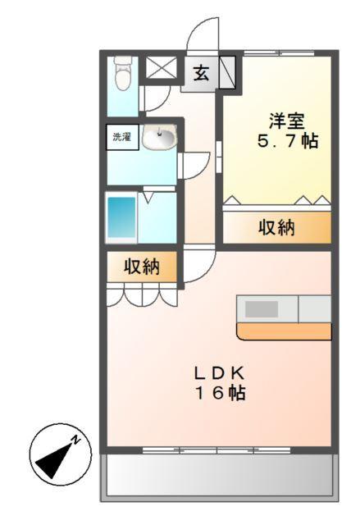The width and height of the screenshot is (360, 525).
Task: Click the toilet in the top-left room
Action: click(x=123, y=74)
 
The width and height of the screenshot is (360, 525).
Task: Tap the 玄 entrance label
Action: click(x=200, y=71)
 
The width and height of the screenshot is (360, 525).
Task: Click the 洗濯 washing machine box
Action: click(x=121, y=137)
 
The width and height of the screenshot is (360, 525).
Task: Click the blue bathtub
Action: click(x=121, y=217)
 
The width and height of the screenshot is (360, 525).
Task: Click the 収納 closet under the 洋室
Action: click(x=277, y=228)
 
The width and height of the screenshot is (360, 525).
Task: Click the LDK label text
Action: click(x=219, y=372)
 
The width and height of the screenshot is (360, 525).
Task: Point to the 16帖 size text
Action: click(x=219, y=392)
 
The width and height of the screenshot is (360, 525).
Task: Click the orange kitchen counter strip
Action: click(x=284, y=331)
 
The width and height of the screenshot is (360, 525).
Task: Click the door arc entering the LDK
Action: click(x=198, y=263)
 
